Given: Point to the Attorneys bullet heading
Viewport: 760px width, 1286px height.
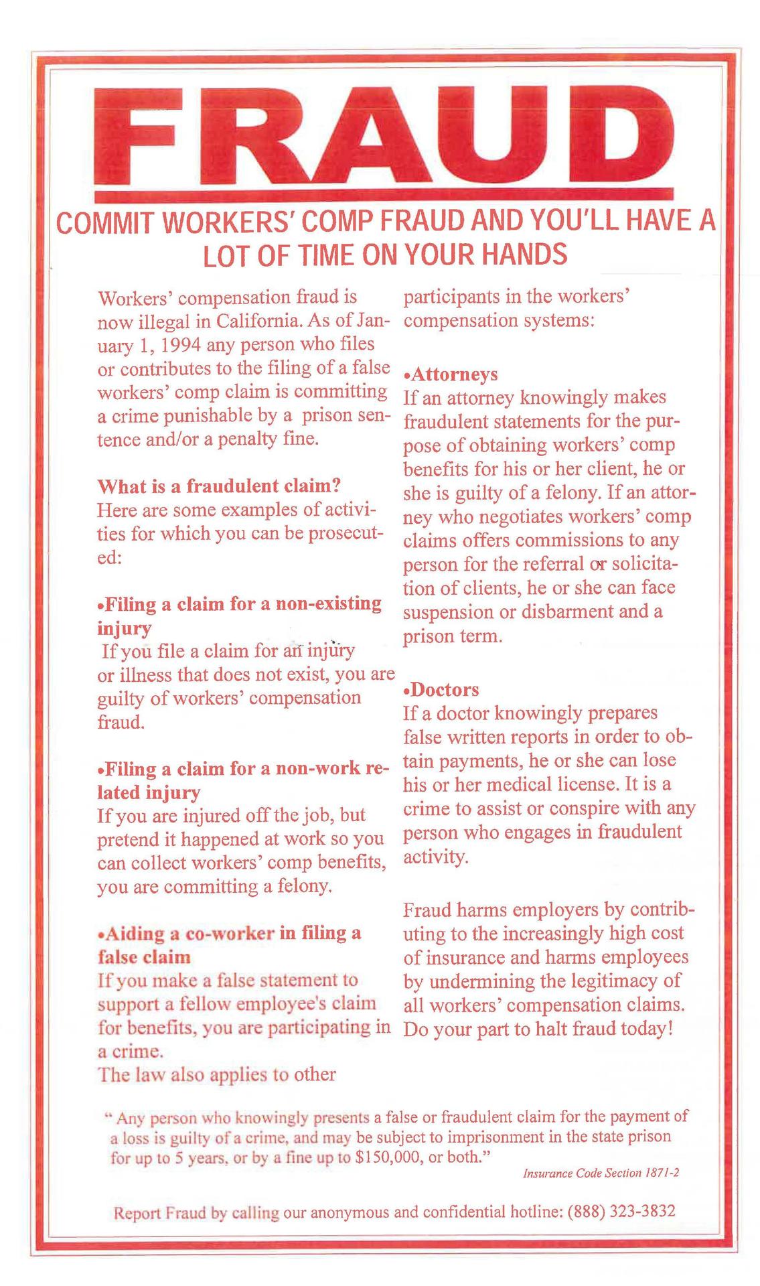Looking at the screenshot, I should (x=453, y=374).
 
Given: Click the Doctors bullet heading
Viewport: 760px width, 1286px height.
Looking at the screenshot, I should (x=444, y=689).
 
